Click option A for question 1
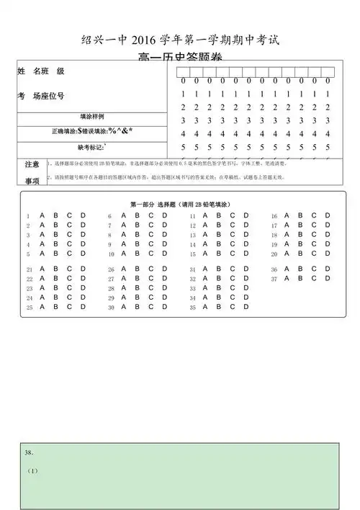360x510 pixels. click(42, 215)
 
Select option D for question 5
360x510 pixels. click(83, 254)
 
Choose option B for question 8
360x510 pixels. click(138, 234)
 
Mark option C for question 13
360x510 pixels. click(233, 234)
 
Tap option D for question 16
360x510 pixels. click(328, 215)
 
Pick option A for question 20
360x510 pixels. click(287, 254)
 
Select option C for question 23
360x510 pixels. click(70, 287)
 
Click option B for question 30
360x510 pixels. click(138, 307)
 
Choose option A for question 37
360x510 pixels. click(287, 278)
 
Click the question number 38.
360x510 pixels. click(30, 452)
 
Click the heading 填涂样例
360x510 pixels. click(92, 116)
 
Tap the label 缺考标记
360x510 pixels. click(91, 147)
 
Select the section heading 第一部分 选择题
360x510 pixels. click(153, 205)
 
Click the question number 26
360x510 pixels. click(111, 270)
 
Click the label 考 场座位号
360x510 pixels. click(41, 96)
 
